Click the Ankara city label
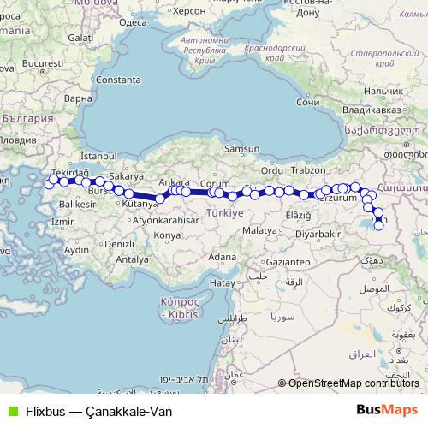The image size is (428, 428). tap(174, 182)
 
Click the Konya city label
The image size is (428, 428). tap(167, 234)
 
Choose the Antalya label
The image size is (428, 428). tap(131, 259)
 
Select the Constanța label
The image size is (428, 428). tap(119, 80)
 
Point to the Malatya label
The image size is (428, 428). tap(259, 231)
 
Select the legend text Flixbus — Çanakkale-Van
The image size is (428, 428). tap(99, 411)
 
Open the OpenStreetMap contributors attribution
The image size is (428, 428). tap(360, 383)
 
